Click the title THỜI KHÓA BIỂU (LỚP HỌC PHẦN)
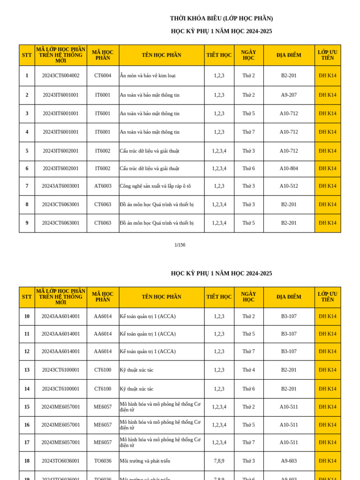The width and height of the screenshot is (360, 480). tap(221, 18)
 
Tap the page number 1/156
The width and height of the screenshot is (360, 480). tap(180, 245)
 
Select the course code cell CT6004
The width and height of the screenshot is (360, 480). tap(103, 75)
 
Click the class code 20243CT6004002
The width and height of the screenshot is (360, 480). tap(60, 75)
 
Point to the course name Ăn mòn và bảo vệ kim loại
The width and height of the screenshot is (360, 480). tap(148, 75)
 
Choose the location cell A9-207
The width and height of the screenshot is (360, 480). tap(289, 95)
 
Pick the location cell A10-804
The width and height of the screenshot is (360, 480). tap(289, 169)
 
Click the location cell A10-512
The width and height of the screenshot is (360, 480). tap(289, 186)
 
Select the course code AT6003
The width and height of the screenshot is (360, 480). tap(103, 186)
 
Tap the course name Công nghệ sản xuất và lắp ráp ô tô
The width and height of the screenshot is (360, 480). tap(155, 186)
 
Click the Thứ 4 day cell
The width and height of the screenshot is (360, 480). tap(248, 370)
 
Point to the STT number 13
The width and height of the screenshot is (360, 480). tap(27, 370)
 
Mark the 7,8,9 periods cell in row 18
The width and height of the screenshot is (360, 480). tap(219, 461)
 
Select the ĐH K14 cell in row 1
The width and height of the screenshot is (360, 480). tap(327, 75)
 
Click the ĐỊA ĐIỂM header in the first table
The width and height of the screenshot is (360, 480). tap(289, 55)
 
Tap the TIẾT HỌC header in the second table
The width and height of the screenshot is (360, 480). tap(219, 297)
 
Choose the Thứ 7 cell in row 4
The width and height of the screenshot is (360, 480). tap(248, 132)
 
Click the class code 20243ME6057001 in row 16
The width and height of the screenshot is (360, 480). tap(60, 425)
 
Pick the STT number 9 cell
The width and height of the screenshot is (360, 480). tap(27, 223)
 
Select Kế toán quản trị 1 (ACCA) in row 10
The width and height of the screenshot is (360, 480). tap(148, 316)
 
